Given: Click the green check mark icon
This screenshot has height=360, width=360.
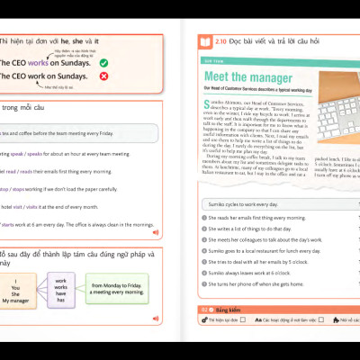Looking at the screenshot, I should coord(103,63).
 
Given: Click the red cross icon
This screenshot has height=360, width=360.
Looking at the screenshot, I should coord(103,77).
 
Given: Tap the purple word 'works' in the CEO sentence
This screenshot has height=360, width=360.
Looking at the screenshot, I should coord(39,63).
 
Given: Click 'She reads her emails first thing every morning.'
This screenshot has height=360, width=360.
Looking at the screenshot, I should coord(256,218).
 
